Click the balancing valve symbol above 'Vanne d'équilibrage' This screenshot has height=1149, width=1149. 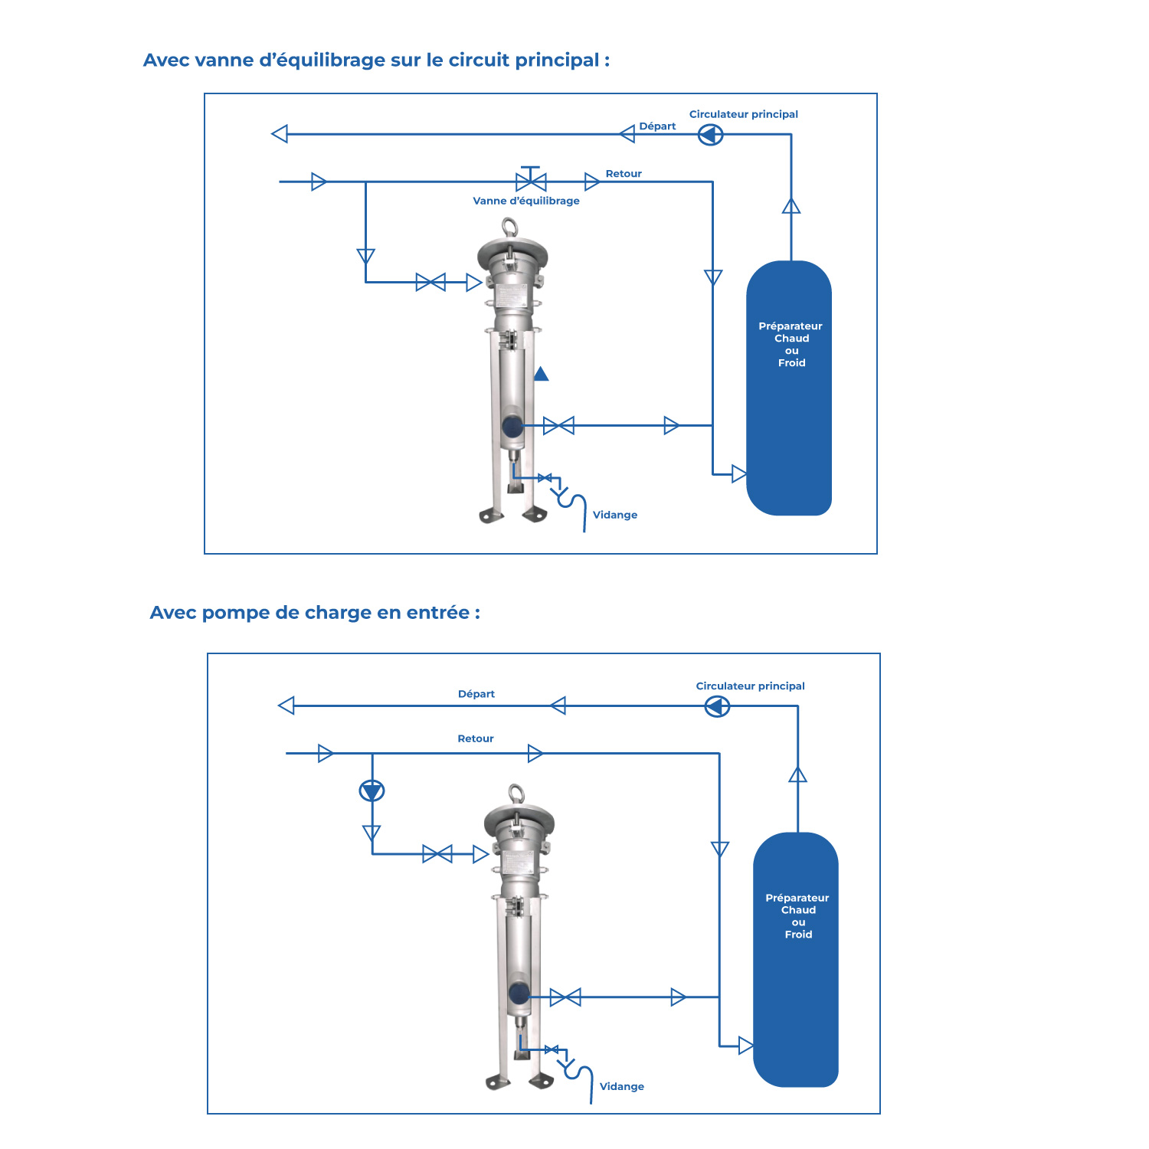point(530,179)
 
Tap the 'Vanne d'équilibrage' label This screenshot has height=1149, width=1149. point(526,201)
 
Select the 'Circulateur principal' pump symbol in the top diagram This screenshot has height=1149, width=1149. point(710,135)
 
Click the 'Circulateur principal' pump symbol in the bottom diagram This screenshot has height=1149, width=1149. point(717,705)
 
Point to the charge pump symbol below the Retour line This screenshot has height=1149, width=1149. point(372,791)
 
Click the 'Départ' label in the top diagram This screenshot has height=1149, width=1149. point(657,126)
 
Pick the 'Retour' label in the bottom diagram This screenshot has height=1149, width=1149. point(476,738)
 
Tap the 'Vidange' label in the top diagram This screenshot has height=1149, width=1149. point(615,515)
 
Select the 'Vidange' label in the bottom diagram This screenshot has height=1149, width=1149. point(622,1086)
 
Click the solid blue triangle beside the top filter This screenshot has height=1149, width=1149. point(541,374)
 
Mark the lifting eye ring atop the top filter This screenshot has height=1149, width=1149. point(509,228)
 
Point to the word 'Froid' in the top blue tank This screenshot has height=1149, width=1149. point(792,363)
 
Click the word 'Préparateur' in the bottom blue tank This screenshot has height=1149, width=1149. point(797,898)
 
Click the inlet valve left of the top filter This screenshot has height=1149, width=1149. point(430,282)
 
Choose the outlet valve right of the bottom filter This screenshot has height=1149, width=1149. point(565,997)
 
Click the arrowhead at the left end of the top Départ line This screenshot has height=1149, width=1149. point(280,134)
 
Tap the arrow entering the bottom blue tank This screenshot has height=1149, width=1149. point(745,1046)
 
